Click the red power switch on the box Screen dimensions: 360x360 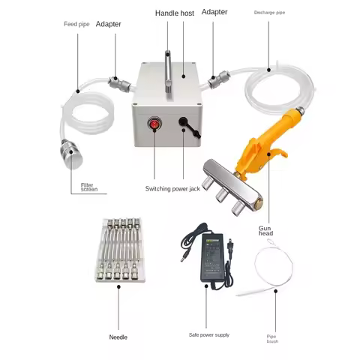(154, 125)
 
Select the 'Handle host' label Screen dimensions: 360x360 (174, 13)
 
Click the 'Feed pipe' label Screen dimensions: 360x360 (77, 24)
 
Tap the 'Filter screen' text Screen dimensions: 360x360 (90, 186)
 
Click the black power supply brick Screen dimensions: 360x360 (214, 255)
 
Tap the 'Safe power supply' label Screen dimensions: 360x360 (209, 334)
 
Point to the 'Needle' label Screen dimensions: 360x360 (118, 337)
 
